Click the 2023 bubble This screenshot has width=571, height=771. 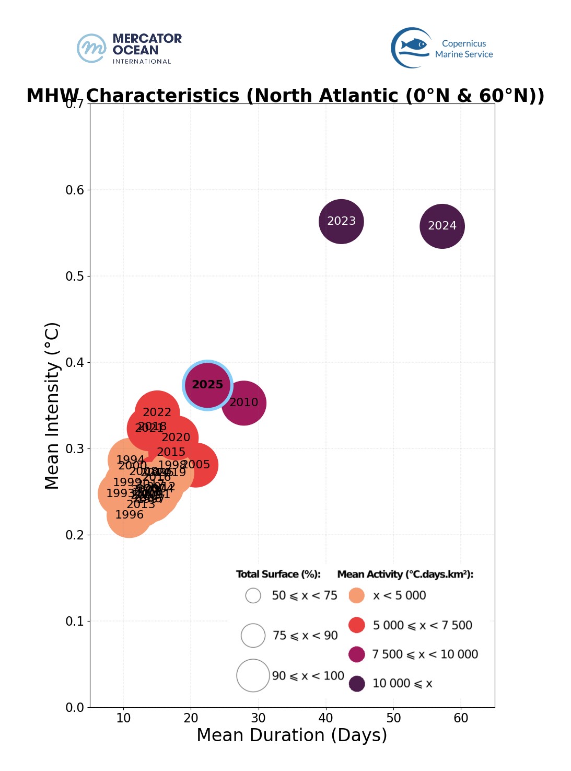[341, 221]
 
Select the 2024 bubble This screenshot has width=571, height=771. [442, 226]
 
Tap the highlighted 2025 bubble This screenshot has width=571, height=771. [207, 385]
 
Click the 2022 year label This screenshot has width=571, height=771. [157, 412]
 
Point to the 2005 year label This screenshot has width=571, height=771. [196, 465]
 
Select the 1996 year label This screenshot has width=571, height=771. [129, 515]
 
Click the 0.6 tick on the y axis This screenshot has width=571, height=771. [75, 190]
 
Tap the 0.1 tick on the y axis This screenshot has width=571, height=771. [75, 621]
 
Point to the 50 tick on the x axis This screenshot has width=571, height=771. [393, 718]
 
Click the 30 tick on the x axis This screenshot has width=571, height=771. [258, 718]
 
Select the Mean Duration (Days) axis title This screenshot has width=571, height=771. [292, 735]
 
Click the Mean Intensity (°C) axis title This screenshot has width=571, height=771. [53, 406]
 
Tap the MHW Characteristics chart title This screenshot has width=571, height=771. [285, 96]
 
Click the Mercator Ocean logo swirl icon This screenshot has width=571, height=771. [91, 48]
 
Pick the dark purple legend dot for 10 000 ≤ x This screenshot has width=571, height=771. [357, 684]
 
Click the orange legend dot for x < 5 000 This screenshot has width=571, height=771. [356, 595]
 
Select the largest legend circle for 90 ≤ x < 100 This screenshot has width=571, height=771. [253, 675]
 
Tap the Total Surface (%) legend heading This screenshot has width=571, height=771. [278, 574]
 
